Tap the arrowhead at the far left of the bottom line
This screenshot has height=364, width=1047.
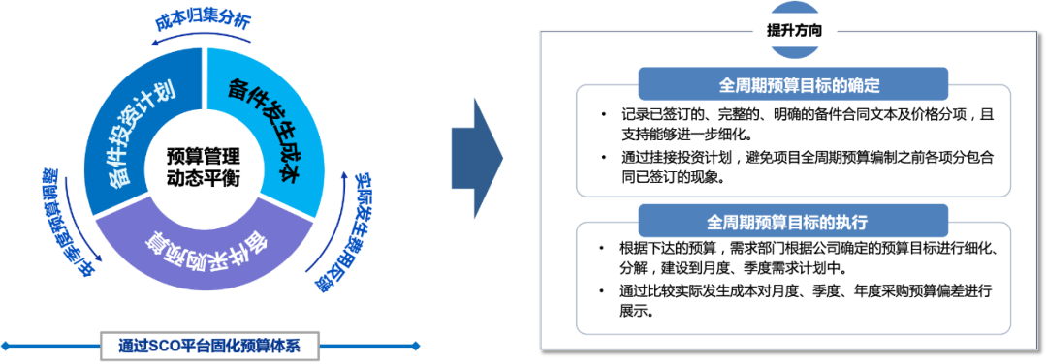coord(5,345)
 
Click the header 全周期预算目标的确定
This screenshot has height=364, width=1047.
coord(793,82)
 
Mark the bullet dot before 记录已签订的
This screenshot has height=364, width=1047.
coord(601,114)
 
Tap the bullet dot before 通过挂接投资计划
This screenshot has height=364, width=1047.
coord(601,155)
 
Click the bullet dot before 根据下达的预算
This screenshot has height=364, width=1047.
coord(601,247)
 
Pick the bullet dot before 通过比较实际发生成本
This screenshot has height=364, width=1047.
coord(601,289)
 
